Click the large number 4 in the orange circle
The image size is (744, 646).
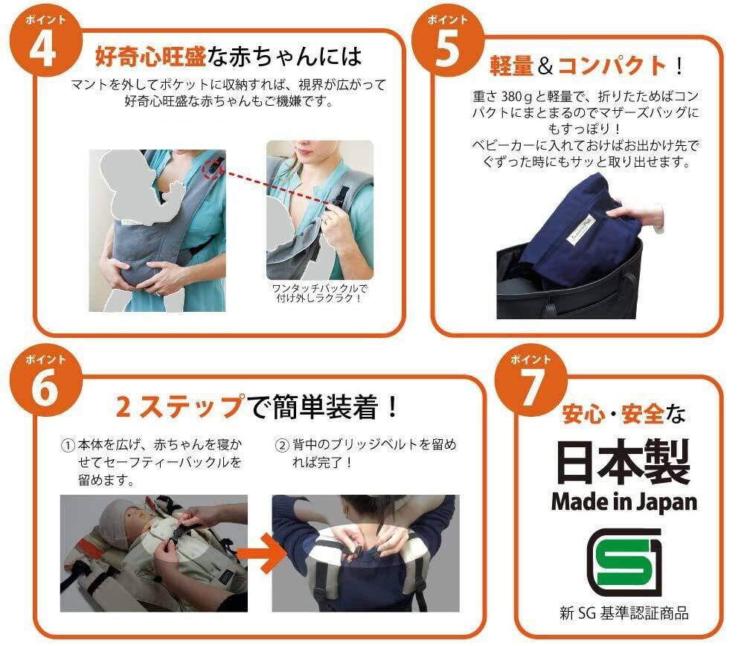tap(43, 51)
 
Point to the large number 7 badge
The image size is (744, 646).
tap(530, 387)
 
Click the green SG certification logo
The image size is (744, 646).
tap(624, 563)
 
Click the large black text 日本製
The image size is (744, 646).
tap(623, 461)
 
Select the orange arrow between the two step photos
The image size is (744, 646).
tap(261, 553)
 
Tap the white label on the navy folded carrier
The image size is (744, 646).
tap(582, 229)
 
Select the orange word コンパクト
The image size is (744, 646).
tap(612, 65)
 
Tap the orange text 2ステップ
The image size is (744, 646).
tap(180, 407)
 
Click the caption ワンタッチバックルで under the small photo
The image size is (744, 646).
tap(319, 288)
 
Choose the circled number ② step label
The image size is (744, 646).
tap(282, 445)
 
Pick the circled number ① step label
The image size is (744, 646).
tap(68, 445)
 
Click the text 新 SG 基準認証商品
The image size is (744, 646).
tap(624, 613)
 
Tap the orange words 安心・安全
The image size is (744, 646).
tap(613, 415)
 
